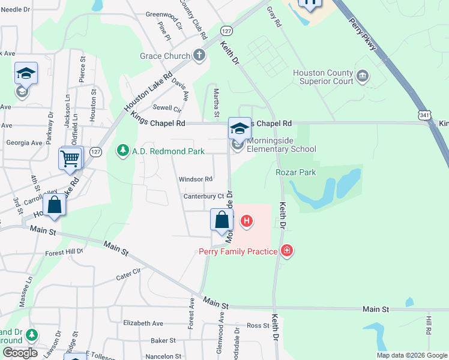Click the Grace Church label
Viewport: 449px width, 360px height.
coord(163,56)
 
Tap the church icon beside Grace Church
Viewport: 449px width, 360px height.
coord(199,56)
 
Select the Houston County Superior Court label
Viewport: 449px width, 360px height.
coord(323,77)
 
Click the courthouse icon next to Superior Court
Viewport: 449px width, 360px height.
coord(363,76)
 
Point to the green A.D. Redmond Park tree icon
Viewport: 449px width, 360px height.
coord(122,150)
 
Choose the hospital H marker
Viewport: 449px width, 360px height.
coord(246,221)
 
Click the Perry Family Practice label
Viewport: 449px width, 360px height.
coord(238,251)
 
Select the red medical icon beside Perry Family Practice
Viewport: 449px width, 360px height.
coord(287,250)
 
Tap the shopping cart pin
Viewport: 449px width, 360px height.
coord(70,160)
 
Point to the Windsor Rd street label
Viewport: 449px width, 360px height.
coord(196,179)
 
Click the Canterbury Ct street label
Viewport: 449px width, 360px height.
coord(203,196)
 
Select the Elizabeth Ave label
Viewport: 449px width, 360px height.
coord(143,323)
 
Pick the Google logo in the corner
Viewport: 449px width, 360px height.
coord(20,353)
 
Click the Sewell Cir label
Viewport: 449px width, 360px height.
coord(167,109)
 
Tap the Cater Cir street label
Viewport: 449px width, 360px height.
coord(128,275)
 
